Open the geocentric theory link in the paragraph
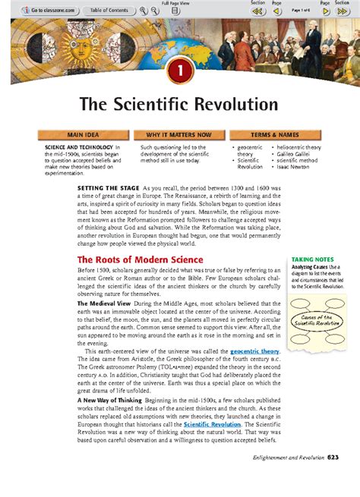click(254, 351)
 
